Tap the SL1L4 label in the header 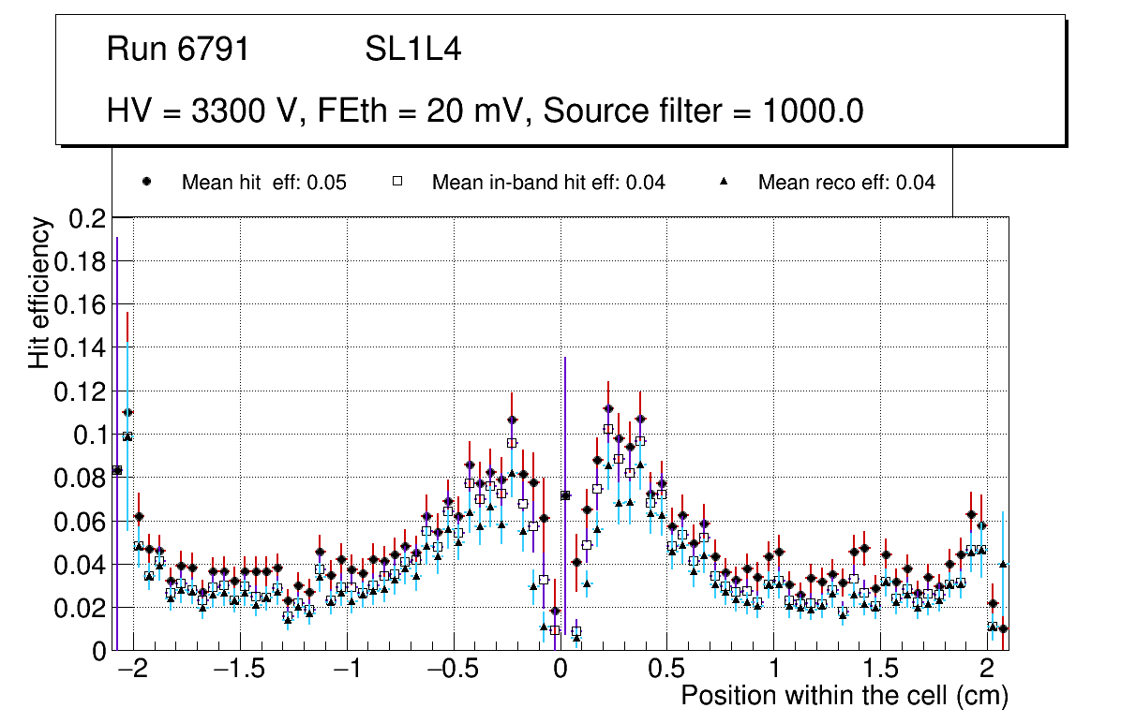[x=412, y=49]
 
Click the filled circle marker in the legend [x=146, y=182]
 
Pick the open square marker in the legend [x=396, y=182]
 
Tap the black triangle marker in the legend [x=724, y=182]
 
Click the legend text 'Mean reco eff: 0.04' [x=846, y=183]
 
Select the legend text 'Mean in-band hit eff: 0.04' [x=548, y=183]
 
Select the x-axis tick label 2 [x=986, y=671]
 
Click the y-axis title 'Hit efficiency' [x=39, y=292]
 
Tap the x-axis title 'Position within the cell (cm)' [x=844, y=696]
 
